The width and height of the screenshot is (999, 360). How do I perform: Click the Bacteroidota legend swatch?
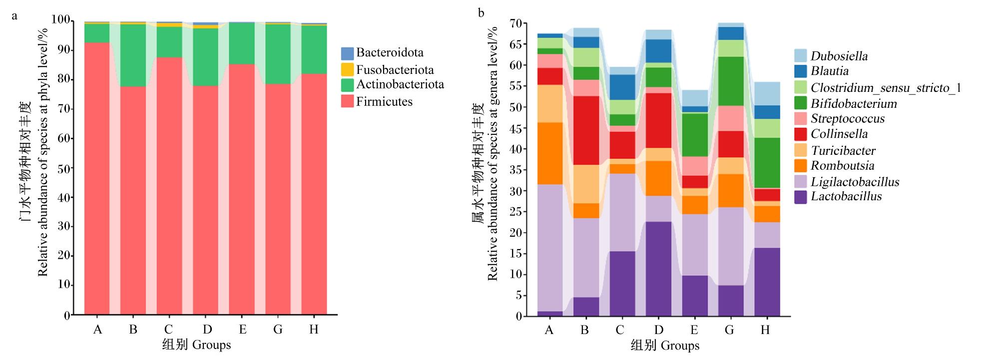347,53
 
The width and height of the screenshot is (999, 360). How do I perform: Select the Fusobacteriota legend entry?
388,69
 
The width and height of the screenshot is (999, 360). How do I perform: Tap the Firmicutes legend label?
384,101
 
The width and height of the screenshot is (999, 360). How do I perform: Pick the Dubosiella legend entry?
831,56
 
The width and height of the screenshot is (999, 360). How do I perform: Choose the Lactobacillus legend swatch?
801,197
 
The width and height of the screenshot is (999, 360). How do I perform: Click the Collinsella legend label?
839,134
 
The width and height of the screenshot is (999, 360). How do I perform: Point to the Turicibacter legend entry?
835,150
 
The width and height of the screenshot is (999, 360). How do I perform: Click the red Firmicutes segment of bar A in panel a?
97,179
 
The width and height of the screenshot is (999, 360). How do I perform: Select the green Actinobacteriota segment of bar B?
133,55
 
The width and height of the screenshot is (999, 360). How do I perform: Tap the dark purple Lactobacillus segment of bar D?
659,269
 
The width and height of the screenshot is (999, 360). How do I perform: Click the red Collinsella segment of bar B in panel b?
586,130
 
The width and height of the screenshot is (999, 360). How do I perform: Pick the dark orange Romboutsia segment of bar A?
550,153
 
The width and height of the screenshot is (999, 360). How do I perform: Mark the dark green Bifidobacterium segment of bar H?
767,163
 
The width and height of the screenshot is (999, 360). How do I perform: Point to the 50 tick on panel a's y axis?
64,169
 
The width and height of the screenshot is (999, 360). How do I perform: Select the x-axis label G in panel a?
278,330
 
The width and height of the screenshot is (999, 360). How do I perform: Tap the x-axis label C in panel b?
620,330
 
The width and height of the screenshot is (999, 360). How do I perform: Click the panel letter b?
481,13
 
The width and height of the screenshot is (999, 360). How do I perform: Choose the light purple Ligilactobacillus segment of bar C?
622,212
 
